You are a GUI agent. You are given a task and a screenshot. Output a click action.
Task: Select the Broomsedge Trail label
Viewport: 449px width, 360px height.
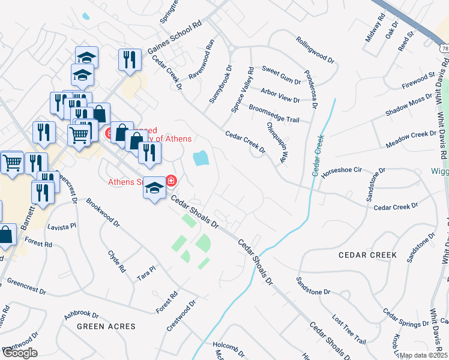tap(274, 115)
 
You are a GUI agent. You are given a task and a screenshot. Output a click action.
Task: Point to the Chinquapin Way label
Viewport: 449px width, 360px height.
tap(276, 143)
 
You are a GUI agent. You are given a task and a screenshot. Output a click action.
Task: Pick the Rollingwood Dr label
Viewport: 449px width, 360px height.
tap(315, 49)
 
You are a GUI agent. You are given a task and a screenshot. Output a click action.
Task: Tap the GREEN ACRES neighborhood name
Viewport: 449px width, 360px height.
tap(106, 326)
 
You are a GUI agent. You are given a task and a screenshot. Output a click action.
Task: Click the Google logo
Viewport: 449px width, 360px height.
tap(20, 353)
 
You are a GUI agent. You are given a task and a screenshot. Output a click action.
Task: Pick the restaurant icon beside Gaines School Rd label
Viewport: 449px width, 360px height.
tap(130, 60)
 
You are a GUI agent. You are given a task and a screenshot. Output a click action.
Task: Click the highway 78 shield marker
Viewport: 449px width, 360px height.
tap(444, 47)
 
